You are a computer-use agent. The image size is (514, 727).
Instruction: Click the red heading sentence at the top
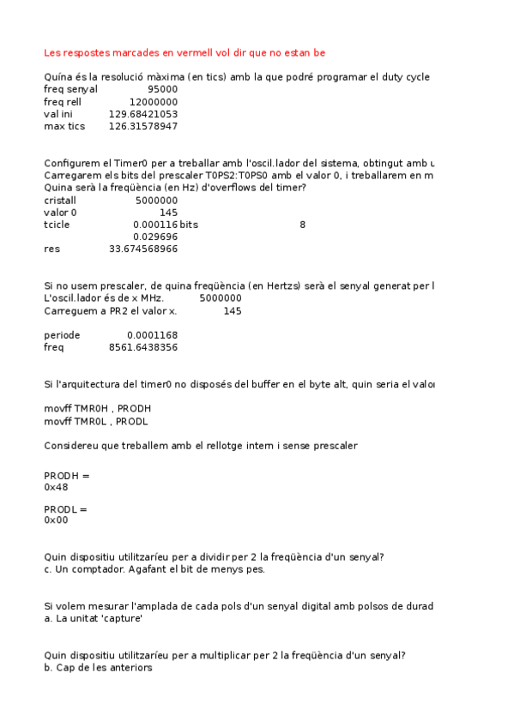click(x=184, y=52)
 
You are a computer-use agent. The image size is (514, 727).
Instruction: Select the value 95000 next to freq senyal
click(x=162, y=89)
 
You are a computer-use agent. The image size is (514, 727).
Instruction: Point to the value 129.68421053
click(x=143, y=114)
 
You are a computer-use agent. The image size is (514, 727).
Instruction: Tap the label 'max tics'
click(x=64, y=126)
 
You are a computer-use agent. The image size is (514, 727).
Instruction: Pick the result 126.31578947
click(x=143, y=126)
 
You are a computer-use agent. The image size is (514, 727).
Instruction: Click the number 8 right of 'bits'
click(x=302, y=225)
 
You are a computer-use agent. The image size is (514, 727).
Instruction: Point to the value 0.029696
click(x=155, y=237)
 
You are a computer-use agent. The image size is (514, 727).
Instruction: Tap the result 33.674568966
click(x=143, y=249)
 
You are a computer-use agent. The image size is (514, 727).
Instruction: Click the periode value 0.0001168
click(x=152, y=335)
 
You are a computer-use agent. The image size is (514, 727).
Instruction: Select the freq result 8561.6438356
click(x=143, y=347)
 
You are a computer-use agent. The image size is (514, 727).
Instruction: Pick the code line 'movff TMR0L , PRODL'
click(x=95, y=421)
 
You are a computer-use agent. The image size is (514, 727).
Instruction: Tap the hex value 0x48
click(x=56, y=487)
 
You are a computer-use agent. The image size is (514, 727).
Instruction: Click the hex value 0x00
click(x=56, y=520)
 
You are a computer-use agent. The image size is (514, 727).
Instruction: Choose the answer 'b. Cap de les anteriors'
click(x=98, y=667)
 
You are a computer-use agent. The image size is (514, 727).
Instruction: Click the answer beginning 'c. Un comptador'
click(x=154, y=568)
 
